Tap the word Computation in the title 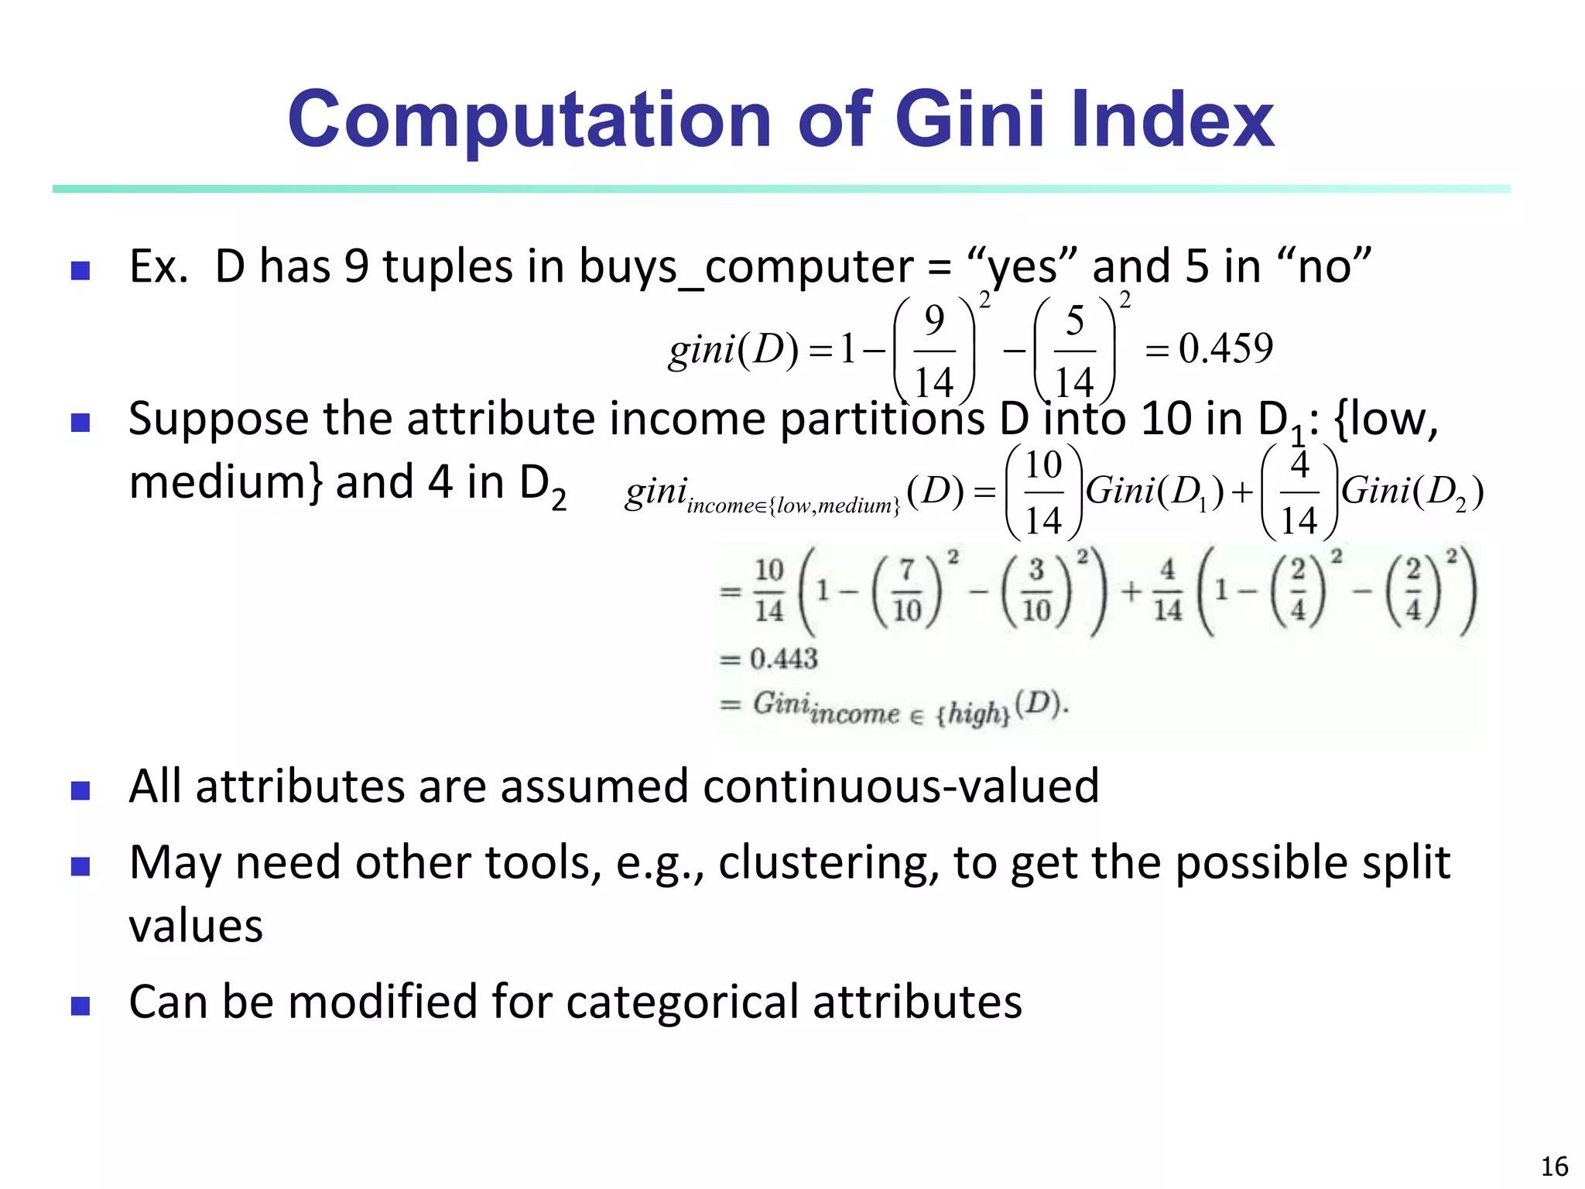[x=529, y=121]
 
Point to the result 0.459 [x=1226, y=349]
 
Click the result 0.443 [x=783, y=660]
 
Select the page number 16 [x=1554, y=1167]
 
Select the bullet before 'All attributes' [x=80, y=790]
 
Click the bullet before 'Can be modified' [x=80, y=1006]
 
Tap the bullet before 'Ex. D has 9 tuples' [x=80, y=270]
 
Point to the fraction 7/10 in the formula [x=907, y=592]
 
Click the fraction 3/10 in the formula [x=1036, y=592]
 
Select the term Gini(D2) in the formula [x=1412, y=492]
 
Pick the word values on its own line [x=196, y=926]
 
